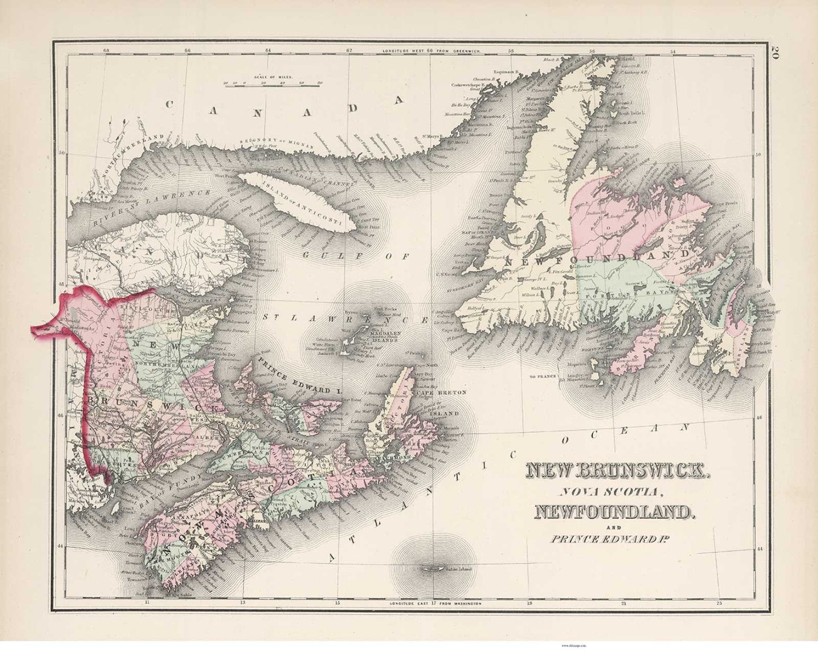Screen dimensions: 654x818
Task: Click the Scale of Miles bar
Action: (x=272, y=85)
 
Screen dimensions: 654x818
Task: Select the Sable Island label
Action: (x=452, y=570)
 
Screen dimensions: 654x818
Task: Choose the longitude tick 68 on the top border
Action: (x=106, y=50)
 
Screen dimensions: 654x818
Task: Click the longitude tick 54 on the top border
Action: (x=673, y=50)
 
